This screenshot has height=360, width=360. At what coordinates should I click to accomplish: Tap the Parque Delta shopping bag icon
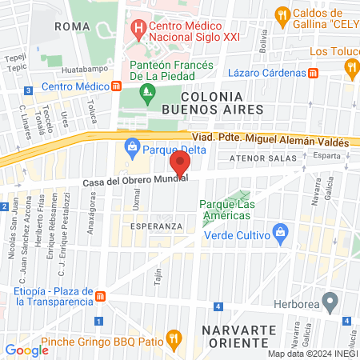coord(132,146)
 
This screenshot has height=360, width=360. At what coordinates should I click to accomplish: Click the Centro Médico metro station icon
coord(117,86)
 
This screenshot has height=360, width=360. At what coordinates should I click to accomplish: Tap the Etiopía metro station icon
coord(101,297)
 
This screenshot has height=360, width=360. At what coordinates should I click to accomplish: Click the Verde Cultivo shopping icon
coord(280,234)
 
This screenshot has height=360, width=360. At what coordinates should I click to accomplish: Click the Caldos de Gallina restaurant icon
coord(281,15)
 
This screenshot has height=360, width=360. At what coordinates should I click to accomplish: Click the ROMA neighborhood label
coord(69,26)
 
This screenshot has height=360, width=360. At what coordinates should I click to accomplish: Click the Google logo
coord(26,350)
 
